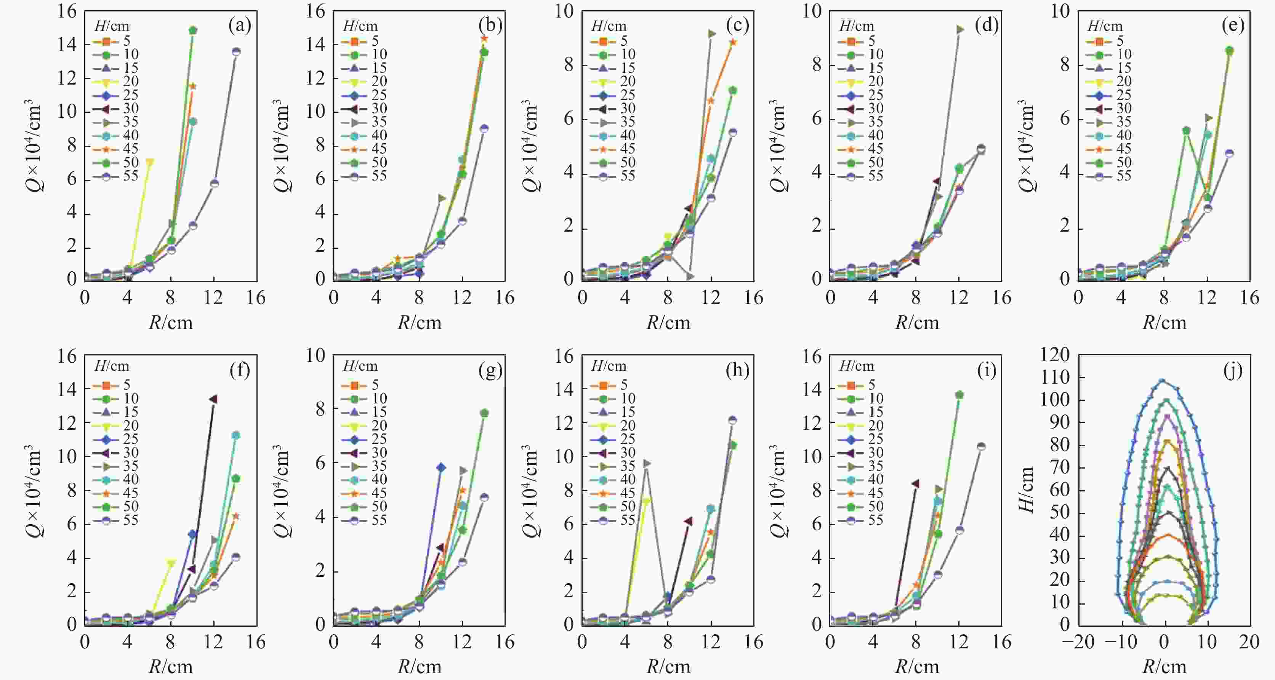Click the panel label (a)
coord(240,25)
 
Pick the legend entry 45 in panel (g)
coord(379,493)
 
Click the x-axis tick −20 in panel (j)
coord(1078,642)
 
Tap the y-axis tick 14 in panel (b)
coord(315,45)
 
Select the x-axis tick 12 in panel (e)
coord(1207,298)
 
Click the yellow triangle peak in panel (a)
coord(149,162)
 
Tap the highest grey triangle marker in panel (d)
coord(960,29)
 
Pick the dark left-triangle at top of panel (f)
coord(213,399)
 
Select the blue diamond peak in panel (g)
coord(440,467)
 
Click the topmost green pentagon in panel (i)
coord(960,394)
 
